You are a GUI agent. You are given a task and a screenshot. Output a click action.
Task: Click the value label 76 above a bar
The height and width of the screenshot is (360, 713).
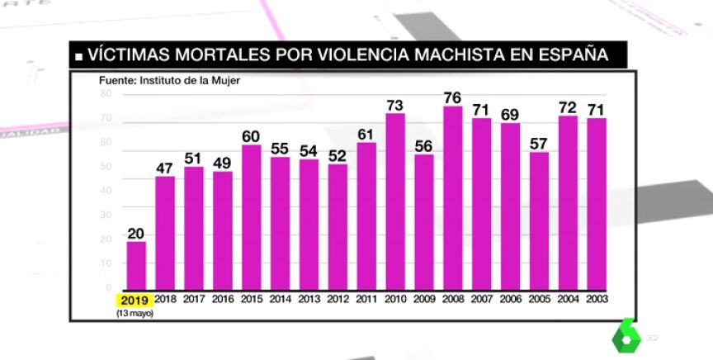(451, 97)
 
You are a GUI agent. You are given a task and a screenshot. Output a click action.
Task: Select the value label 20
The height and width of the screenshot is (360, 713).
(136, 232)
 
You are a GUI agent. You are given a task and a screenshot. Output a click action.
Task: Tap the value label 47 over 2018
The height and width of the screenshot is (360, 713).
(165, 168)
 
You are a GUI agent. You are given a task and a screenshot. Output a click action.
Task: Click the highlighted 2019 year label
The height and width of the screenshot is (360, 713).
(136, 299)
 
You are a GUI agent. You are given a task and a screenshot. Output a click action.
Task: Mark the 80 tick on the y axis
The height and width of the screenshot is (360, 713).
(106, 94)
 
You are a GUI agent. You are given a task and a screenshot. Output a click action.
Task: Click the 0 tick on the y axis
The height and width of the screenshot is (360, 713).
(109, 287)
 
